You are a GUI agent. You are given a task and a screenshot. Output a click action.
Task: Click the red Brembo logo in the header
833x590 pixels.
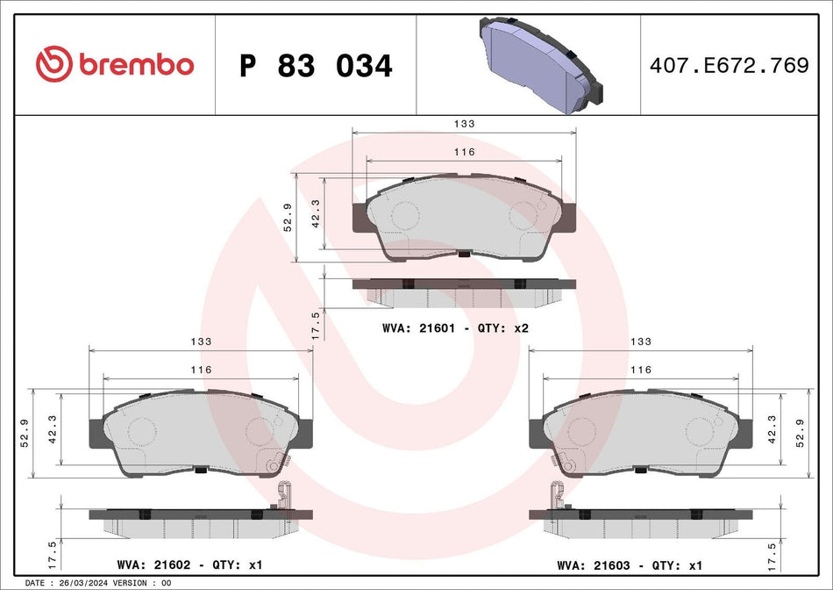pos(115,64)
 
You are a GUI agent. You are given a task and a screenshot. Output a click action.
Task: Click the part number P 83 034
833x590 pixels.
pos(316,66)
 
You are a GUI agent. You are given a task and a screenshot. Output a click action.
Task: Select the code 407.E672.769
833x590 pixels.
pos(729,65)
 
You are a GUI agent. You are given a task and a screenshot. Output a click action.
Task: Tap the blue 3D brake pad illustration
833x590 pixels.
pos(541,64)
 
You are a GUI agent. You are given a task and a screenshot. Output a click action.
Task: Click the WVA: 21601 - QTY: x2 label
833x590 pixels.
pos(455,328)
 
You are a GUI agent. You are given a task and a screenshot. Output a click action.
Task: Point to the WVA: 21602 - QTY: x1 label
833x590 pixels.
pos(189,565)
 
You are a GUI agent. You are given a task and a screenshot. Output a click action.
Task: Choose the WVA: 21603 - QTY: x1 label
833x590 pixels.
pos(630,565)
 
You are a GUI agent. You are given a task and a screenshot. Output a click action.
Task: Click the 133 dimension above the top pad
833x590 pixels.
pos(465,124)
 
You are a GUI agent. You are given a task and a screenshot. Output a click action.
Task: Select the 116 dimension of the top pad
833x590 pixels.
pos(465,152)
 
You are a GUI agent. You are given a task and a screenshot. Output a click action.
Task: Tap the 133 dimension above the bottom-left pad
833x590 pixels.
pos(201,342)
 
